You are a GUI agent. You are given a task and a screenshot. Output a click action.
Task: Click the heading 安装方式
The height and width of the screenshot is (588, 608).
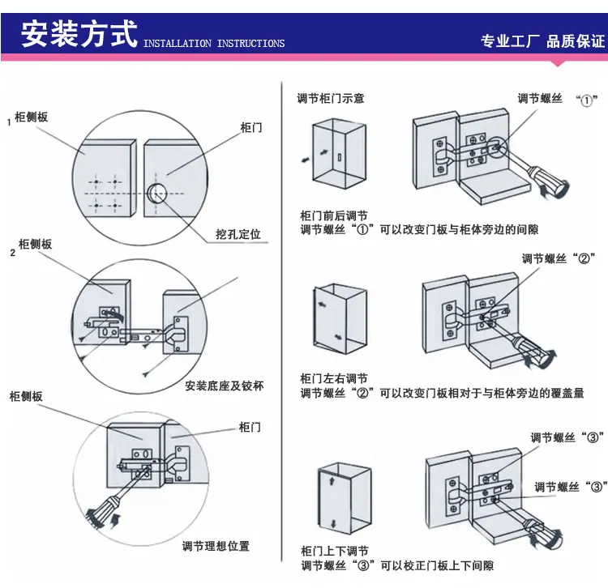[x=79, y=34]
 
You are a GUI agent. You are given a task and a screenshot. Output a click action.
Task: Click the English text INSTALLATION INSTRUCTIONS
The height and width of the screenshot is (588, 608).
[x=214, y=44]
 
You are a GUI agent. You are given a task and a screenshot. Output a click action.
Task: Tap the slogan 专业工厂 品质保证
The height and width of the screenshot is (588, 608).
[x=543, y=41]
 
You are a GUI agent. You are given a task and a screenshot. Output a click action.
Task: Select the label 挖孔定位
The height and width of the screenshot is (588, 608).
[x=238, y=234]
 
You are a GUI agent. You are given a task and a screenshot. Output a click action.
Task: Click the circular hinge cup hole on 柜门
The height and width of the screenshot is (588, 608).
[x=156, y=194]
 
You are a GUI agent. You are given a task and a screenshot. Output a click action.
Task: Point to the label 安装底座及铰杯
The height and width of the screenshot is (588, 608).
[x=224, y=386]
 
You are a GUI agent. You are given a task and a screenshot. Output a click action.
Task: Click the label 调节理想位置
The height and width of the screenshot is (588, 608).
[x=216, y=546]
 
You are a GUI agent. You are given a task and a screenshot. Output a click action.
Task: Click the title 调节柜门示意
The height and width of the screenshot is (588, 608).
[x=331, y=98]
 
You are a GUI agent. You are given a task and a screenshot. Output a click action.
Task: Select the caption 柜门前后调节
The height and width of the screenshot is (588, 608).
[x=334, y=215]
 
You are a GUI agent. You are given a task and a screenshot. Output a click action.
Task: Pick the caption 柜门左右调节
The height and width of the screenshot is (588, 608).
[x=334, y=378]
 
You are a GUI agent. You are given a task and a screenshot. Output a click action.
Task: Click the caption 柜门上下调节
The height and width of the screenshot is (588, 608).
[x=335, y=551]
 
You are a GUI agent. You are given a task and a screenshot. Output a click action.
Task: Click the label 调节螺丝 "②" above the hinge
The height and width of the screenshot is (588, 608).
[x=559, y=258]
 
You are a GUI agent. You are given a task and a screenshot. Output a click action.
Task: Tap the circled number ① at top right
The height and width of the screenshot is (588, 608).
[x=586, y=100]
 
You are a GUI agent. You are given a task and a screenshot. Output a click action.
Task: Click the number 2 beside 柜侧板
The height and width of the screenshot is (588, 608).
[x=13, y=253]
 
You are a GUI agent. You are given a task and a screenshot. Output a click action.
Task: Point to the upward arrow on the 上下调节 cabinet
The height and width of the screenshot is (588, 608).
[x=332, y=481]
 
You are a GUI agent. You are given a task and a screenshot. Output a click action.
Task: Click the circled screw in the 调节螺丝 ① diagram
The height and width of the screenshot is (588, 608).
[x=497, y=147]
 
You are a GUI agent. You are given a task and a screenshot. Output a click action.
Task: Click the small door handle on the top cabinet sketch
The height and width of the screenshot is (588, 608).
[x=340, y=157]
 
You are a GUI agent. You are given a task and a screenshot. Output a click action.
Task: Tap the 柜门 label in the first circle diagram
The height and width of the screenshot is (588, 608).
[x=251, y=127]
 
